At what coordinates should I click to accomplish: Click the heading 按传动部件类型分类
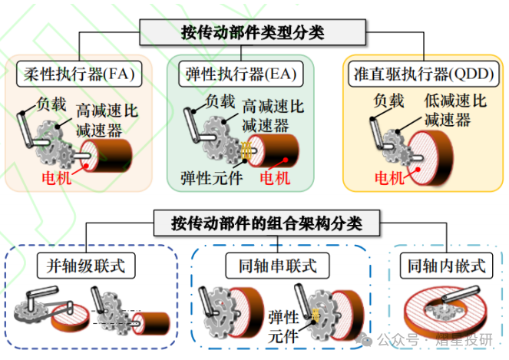253,32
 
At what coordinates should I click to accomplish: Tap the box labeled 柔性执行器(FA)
75,75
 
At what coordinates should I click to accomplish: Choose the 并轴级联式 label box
86,266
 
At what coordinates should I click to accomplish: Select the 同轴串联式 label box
271,266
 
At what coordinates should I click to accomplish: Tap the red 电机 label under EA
276,180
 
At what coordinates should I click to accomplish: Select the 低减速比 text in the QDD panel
455,101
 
